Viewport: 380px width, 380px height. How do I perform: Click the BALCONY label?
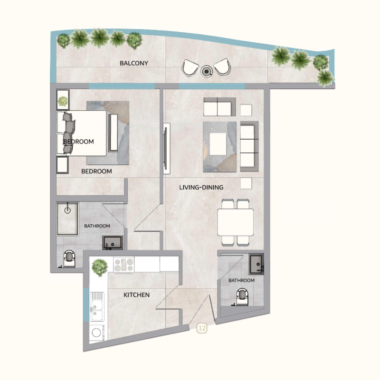click(x=134, y=63)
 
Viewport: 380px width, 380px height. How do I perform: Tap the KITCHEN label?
click(x=137, y=295)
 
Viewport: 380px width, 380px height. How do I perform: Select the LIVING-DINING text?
click(x=201, y=188)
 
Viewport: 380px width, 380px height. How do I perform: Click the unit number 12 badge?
click(x=202, y=328)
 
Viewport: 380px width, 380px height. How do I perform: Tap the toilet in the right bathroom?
click(x=243, y=296)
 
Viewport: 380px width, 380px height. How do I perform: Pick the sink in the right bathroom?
click(x=256, y=263)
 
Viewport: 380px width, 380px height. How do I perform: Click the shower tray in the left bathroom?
click(x=67, y=219)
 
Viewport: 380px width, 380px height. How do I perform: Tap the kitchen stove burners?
click(x=123, y=265)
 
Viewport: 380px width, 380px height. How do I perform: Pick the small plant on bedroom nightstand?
click(x=63, y=101)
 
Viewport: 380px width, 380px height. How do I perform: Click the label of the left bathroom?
click(x=97, y=226)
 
